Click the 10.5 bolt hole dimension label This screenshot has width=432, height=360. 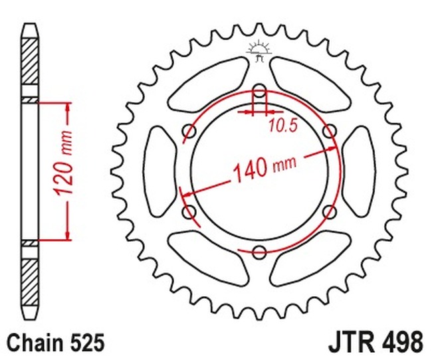283,126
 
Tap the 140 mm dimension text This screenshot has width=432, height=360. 265,168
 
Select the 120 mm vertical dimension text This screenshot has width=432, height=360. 64,163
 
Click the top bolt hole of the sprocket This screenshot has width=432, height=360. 259,90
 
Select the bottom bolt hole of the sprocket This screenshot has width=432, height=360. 259,252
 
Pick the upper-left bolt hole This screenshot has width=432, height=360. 189,131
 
